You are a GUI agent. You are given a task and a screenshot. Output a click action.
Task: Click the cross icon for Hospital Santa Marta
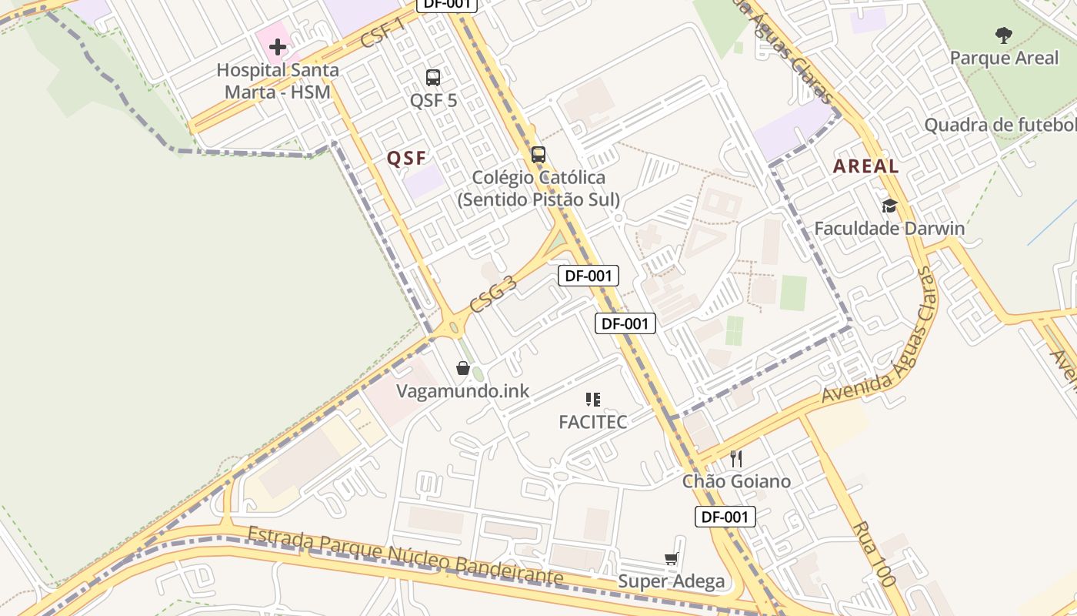278,47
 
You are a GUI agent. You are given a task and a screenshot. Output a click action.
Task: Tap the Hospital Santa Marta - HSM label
278,81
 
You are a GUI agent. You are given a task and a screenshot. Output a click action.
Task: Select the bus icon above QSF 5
433,77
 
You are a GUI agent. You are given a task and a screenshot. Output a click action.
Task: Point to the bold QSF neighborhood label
406,159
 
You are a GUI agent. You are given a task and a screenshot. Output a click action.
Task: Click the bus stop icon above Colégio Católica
538,154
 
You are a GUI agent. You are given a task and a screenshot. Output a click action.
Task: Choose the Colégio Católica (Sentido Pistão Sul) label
538,189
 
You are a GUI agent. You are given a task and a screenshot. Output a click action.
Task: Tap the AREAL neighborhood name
865,166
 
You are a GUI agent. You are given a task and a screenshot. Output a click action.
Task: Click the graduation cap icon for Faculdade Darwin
889,206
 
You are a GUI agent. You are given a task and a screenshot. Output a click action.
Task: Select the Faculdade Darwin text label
889,229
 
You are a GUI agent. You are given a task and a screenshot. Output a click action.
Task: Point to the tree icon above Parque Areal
1003,35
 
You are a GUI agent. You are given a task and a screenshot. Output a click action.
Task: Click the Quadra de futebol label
1000,125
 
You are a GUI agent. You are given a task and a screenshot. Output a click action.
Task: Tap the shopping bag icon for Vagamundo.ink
463,368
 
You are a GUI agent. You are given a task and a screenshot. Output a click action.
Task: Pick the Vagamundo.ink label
463,391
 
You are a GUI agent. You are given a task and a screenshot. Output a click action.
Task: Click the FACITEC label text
592,422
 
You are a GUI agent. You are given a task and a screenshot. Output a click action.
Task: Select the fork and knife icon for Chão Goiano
736,459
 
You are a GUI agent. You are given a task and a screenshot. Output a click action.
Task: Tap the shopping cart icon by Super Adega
672,558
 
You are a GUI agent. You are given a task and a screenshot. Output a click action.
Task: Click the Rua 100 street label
874,554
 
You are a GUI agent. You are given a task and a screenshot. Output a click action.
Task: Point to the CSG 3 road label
493,293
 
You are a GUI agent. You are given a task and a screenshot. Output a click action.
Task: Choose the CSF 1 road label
383,32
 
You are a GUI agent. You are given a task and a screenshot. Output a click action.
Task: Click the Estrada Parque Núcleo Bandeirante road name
405,555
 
